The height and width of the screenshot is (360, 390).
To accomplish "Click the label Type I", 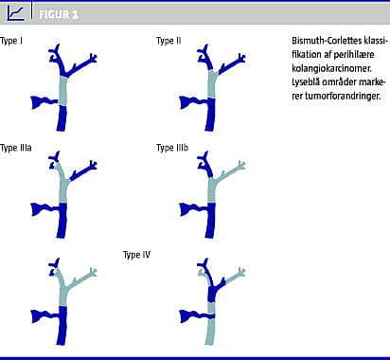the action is [x=11, y=41].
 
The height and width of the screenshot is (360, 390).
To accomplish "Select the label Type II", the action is [x=168, y=41].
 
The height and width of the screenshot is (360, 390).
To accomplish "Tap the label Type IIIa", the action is [x=16, y=148].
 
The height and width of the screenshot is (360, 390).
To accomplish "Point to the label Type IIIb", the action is [x=172, y=148].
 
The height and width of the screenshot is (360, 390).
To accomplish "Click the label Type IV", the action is [x=136, y=255].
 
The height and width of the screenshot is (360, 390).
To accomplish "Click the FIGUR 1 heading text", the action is [x=59, y=14].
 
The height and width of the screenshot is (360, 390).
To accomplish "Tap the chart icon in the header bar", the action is [x=16, y=13].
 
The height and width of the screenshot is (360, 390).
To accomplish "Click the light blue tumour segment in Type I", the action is [x=63, y=91].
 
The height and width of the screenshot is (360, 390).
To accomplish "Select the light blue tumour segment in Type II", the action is [x=212, y=84].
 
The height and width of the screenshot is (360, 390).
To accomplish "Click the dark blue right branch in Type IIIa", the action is [x=83, y=171].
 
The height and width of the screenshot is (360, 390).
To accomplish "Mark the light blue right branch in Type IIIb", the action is [x=231, y=172].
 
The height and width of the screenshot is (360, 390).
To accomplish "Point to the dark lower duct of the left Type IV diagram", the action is [x=62, y=325].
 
